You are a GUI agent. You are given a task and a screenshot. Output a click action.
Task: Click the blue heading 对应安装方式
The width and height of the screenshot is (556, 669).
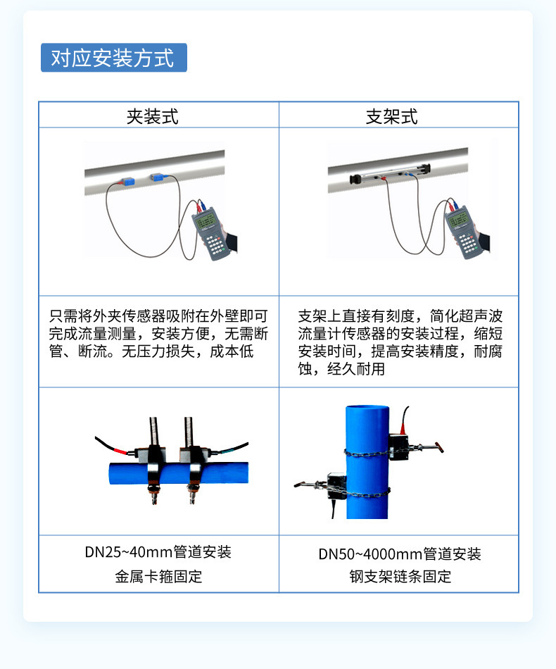(x=113, y=58)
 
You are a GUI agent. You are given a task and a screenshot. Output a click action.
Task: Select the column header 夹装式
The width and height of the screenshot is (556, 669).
(x=152, y=116)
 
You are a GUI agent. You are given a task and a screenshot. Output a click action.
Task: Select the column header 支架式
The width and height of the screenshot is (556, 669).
(x=392, y=116)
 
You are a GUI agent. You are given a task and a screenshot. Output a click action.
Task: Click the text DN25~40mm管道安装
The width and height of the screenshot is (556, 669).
(x=158, y=551)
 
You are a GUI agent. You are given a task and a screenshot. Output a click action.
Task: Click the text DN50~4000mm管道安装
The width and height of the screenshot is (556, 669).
(x=400, y=554)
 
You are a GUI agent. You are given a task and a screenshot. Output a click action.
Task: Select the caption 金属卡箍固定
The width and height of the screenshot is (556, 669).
(x=158, y=577)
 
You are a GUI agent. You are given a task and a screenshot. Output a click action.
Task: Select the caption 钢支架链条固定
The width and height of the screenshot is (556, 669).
(x=400, y=577)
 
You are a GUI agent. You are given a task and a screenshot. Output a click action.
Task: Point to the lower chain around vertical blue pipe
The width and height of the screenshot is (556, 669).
(x=366, y=491)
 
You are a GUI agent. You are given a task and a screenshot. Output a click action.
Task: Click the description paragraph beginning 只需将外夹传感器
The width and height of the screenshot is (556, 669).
(x=158, y=334)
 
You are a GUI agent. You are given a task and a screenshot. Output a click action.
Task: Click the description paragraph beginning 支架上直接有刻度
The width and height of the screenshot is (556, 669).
(x=400, y=342)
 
